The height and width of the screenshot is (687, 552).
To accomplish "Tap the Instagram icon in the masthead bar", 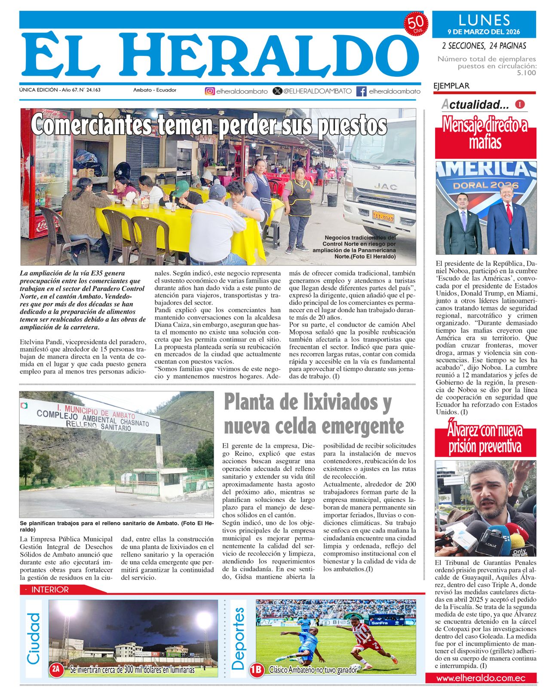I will pos(209,91).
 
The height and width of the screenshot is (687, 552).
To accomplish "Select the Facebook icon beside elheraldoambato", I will pos(362,91).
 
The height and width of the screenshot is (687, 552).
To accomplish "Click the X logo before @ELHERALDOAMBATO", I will pos(278,91).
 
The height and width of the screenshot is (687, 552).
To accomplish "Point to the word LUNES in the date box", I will pos(484,20).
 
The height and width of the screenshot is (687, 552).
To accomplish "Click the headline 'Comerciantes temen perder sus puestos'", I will pos(209,125).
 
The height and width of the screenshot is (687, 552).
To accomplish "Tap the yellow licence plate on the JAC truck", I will pos(383,216).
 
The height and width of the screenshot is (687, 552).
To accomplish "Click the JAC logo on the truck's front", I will pos(385,186).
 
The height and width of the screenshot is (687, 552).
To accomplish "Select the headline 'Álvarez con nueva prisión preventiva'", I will pos(485,438).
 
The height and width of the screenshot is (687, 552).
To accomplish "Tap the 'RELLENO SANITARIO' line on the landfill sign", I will pos(98,425).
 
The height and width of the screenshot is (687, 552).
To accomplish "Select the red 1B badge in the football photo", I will pos(257,669).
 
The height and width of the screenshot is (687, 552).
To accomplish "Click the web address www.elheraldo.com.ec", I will pos(481,678).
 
